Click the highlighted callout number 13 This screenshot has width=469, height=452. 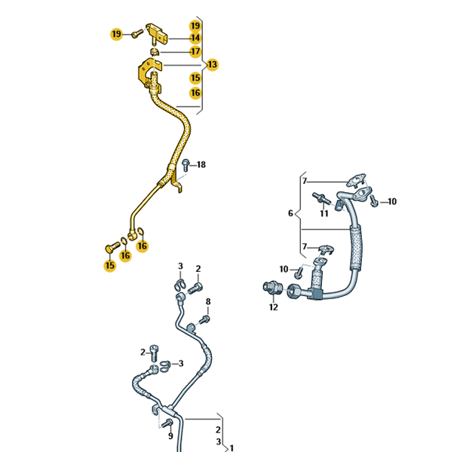[212, 65]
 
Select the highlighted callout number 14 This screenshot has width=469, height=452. [195, 38]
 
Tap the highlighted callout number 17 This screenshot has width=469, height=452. [195, 51]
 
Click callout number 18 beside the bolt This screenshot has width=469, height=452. [201, 165]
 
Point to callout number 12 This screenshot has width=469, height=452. [274, 307]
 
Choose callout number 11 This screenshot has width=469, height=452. [324, 213]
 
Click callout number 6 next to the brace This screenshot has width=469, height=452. [290, 213]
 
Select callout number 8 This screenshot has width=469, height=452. [208, 302]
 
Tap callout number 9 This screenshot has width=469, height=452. [170, 436]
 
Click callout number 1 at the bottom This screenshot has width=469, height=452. [231, 448]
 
